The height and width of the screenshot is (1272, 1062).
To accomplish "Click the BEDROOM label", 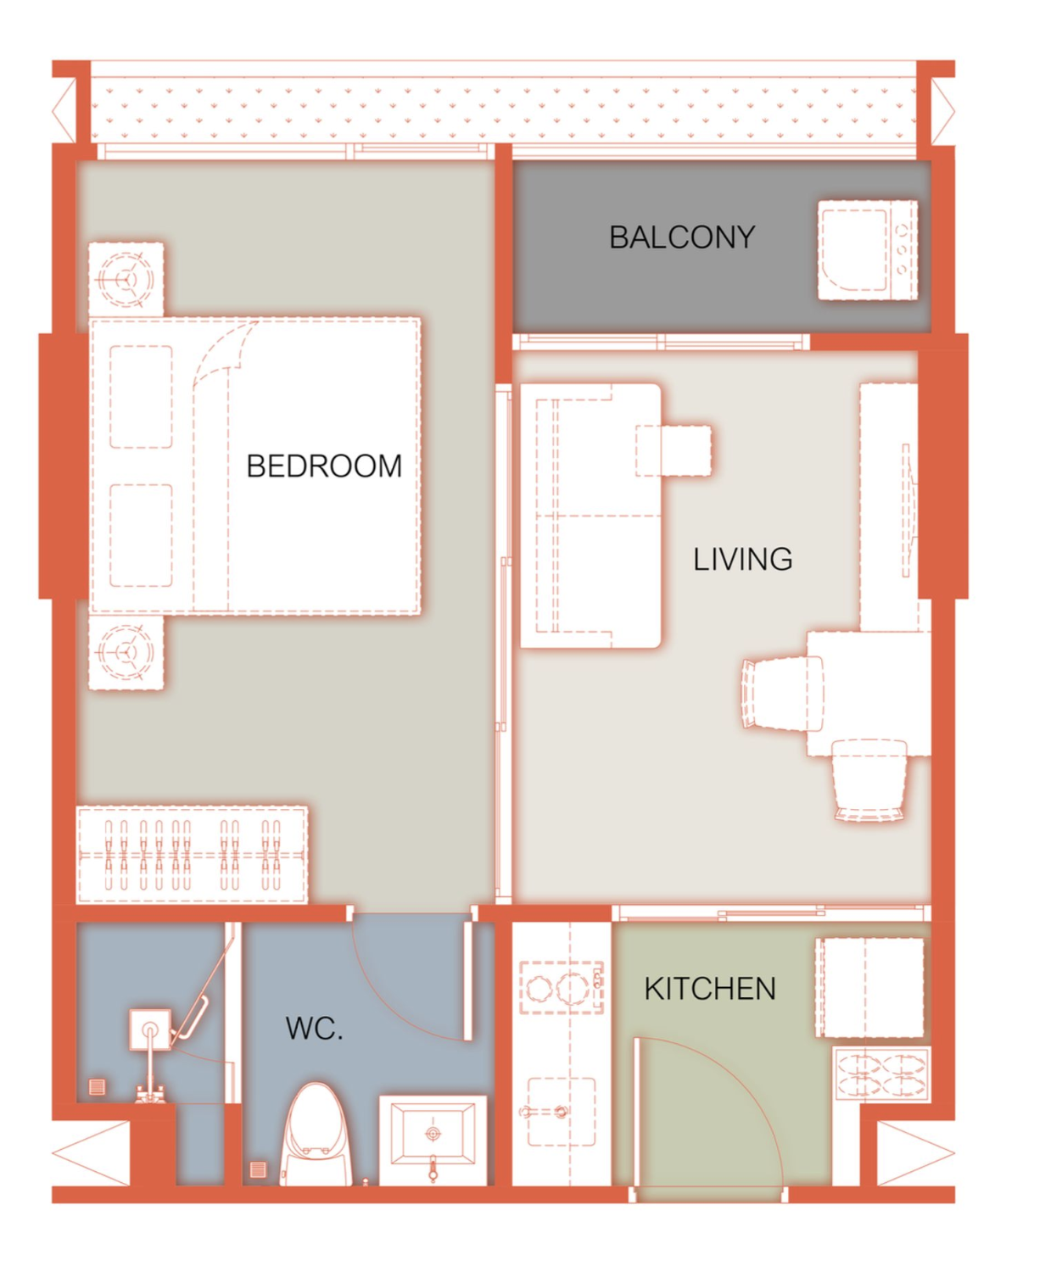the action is (x=323, y=466).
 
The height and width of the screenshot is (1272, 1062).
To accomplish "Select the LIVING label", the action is (x=743, y=559).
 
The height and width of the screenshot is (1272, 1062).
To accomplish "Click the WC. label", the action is (x=315, y=1029).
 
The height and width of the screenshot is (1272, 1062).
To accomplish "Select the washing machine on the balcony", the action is (x=867, y=250).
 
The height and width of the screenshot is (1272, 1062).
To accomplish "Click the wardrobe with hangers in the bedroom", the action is (x=192, y=856).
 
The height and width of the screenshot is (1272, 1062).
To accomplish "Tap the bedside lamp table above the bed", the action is (x=126, y=280).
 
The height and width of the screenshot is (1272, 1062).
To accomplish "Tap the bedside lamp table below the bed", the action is (x=126, y=652).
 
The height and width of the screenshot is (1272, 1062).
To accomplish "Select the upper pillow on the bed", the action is (x=141, y=397).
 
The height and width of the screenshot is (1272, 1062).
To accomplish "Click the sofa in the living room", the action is (x=590, y=516).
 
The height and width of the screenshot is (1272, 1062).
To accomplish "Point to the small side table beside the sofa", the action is (x=674, y=450).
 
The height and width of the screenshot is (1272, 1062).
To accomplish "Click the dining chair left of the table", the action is (x=782, y=694).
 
